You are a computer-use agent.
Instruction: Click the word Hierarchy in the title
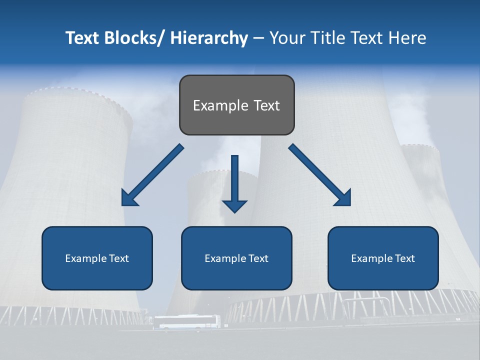(209, 38)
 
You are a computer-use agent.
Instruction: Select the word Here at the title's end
(407, 38)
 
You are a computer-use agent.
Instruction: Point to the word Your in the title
(287, 38)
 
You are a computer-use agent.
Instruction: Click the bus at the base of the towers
(186, 322)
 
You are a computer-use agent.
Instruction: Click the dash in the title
(258, 38)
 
